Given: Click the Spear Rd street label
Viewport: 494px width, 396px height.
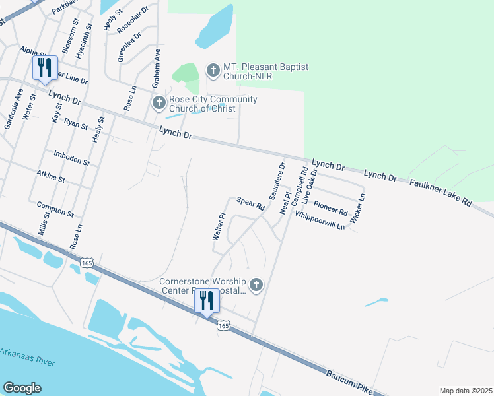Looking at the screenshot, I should [x=250, y=204].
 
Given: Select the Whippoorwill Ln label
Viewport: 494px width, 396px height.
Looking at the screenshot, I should [x=320, y=221].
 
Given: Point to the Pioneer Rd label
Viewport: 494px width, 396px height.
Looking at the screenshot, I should [x=331, y=209].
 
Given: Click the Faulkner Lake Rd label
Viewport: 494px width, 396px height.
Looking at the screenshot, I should [x=441, y=191].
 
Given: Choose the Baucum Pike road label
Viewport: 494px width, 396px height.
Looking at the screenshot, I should [x=349, y=382].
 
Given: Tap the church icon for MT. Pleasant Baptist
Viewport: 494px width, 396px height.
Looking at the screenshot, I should [x=213, y=69].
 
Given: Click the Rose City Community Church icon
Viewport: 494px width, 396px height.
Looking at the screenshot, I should [x=159, y=102].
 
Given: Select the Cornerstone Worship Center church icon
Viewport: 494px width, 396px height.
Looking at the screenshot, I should [x=256, y=285].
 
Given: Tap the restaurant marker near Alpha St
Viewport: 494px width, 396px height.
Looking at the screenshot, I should [x=44, y=68].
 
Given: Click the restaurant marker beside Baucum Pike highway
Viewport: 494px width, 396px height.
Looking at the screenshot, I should [x=207, y=301].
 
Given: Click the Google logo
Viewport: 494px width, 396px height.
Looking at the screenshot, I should [x=22, y=388].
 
